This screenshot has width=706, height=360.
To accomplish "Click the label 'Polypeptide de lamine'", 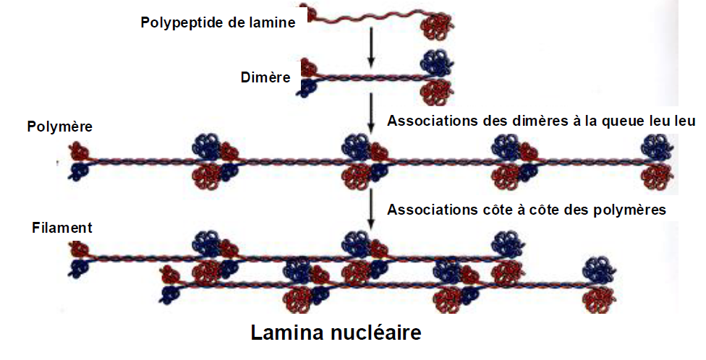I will tap(218, 22).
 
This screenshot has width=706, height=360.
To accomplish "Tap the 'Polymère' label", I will tap(61, 127).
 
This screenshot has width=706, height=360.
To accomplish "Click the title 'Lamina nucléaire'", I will tap(336, 333).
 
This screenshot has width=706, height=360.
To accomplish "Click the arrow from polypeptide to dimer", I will tap(370, 47).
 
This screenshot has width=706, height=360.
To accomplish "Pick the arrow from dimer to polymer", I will tap(370, 111).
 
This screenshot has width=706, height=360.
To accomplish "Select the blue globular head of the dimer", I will tap(437, 62).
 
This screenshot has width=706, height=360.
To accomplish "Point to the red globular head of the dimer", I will tap(437, 91).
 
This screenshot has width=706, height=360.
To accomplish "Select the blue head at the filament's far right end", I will tap(599, 271).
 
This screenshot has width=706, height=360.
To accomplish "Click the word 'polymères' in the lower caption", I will tap(629, 210).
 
